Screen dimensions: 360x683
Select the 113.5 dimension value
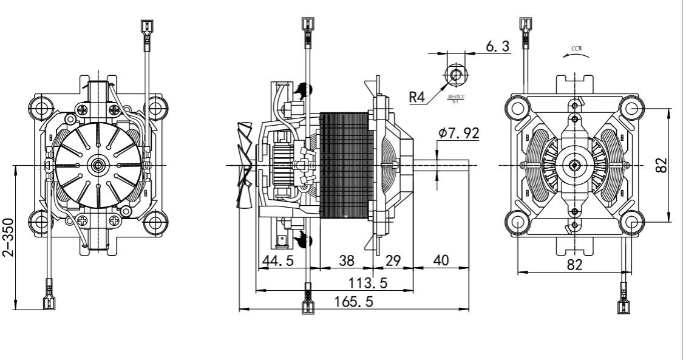tap(367, 284)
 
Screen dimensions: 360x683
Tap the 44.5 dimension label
tap(277, 260)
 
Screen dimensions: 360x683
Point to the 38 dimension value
tap(346, 260)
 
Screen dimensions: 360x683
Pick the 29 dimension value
tap(393, 260)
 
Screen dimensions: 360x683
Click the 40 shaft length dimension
tap(441, 260)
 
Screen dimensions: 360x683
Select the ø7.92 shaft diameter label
tap(459, 133)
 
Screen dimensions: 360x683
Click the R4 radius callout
tap(417, 97)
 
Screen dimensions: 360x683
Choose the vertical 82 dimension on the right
tap(662, 165)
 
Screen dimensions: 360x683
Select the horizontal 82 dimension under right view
tap(575, 265)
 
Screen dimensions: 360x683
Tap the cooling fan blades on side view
tap(245, 165)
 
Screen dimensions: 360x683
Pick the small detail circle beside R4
tap(455, 75)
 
